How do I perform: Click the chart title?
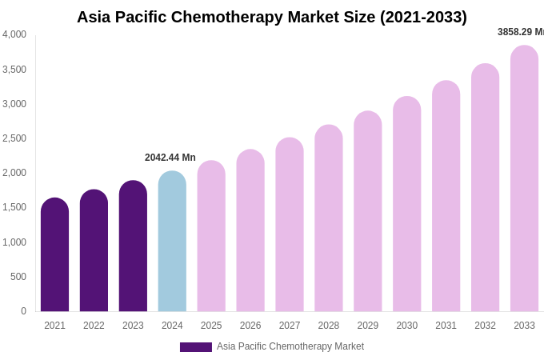(x=272, y=17)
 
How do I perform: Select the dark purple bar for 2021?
(x=54, y=256)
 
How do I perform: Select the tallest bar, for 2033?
(x=524, y=179)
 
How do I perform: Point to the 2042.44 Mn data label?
(x=170, y=158)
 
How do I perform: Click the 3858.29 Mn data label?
(x=521, y=32)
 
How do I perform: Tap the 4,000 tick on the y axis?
(x=14, y=34)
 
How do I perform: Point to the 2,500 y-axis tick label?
(x=14, y=138)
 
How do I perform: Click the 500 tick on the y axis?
(x=18, y=277)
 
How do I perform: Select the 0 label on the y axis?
(x=23, y=311)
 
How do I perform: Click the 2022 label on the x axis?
(x=94, y=326)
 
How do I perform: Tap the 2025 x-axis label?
(x=211, y=326)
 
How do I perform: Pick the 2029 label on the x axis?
(x=368, y=326)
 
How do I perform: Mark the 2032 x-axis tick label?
(x=485, y=326)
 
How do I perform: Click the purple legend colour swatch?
(x=196, y=347)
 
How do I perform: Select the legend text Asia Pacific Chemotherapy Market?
(x=290, y=346)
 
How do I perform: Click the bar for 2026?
(x=250, y=231)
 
